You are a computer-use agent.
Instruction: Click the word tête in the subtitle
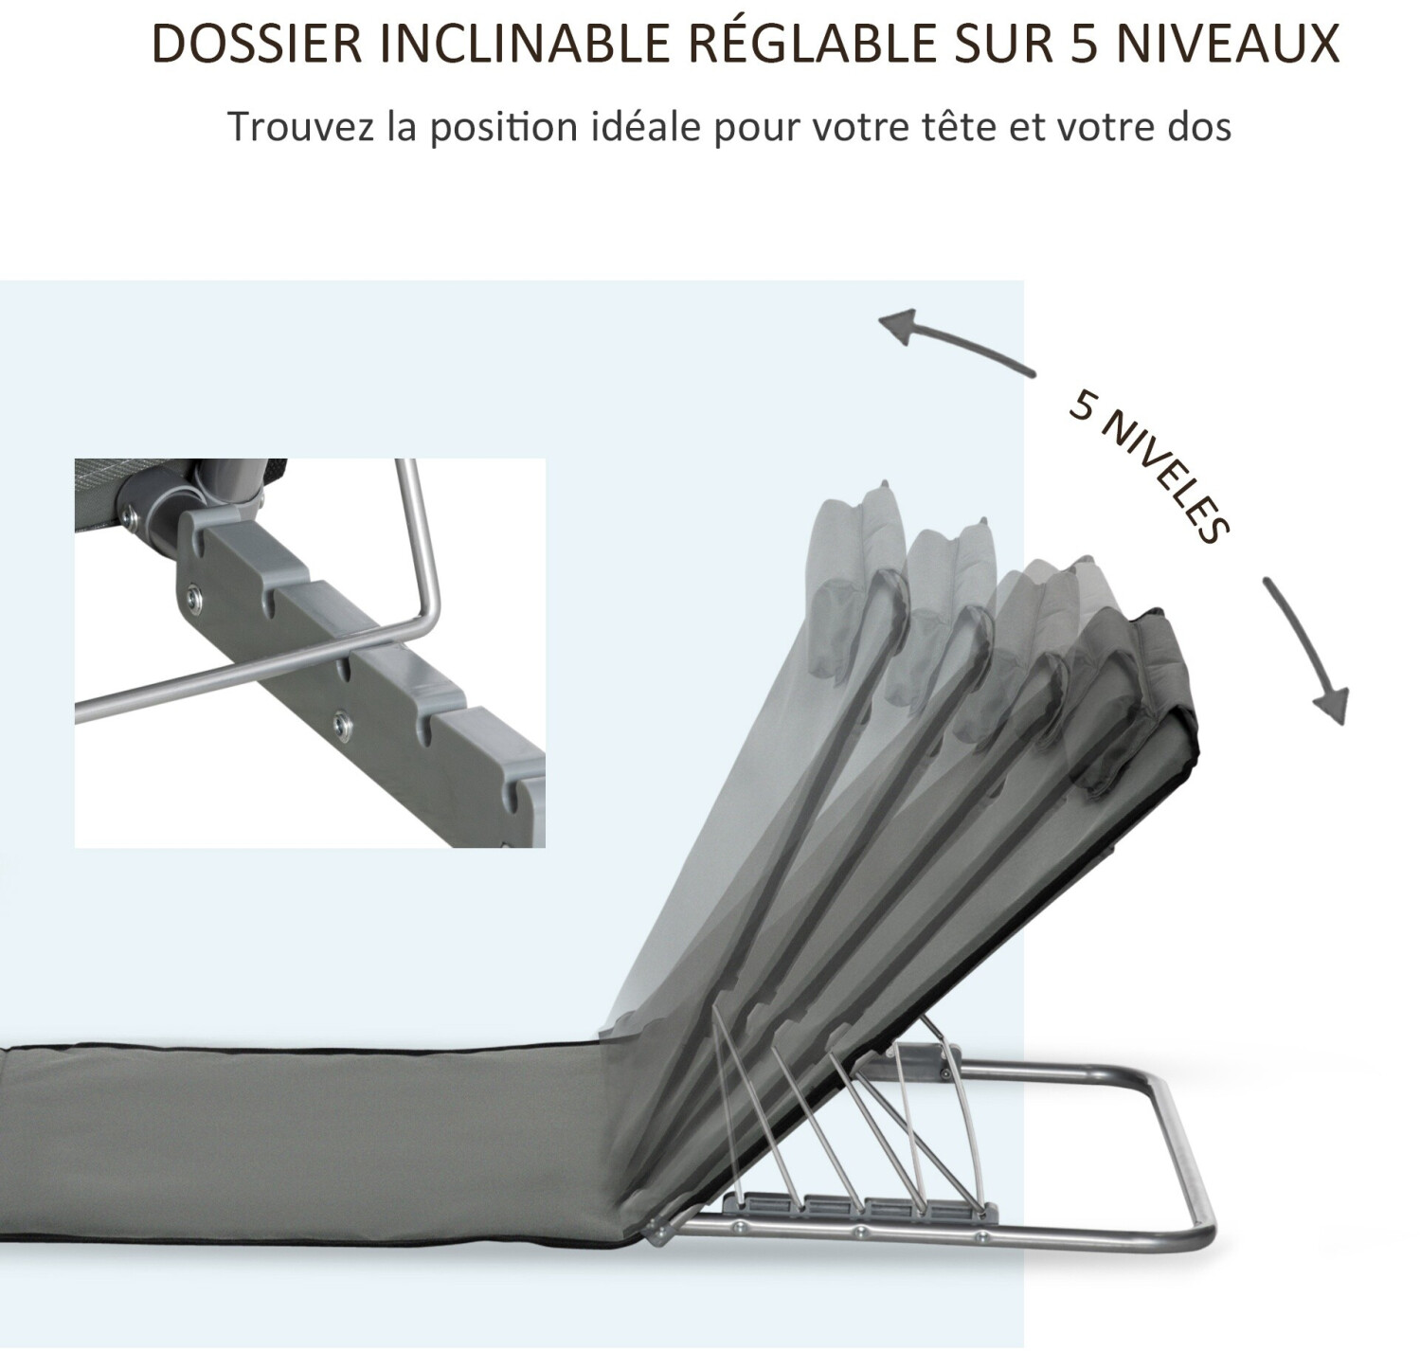957,127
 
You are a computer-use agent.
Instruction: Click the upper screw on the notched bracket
193,596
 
